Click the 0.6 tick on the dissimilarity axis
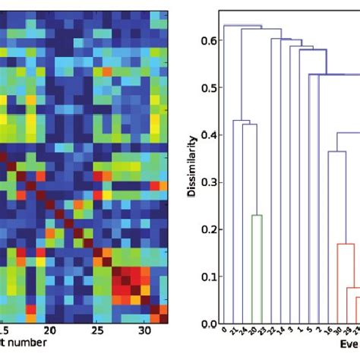point(204,40)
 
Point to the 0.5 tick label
point(204,87)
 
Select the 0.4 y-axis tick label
point(204,135)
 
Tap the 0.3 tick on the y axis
point(204,182)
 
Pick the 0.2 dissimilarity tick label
point(204,229)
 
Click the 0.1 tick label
point(204,276)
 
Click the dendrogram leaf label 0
point(224,330)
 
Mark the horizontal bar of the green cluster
point(257,216)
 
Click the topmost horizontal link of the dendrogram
point(243,26)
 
